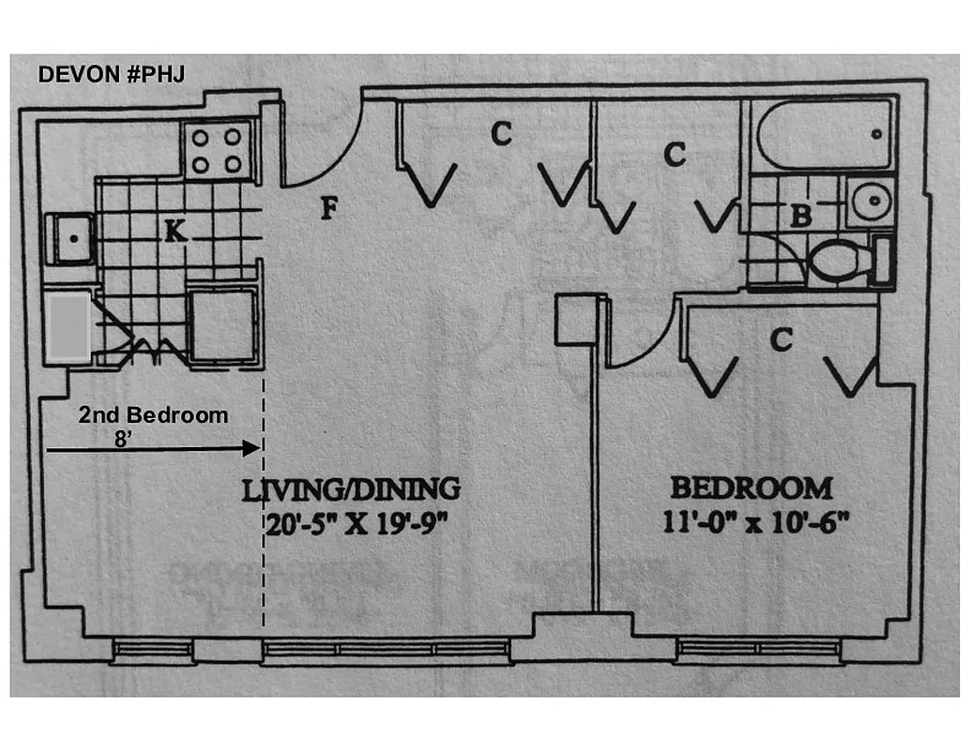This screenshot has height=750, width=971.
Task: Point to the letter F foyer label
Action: click(327, 208)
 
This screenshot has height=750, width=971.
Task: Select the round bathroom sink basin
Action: click(870, 201)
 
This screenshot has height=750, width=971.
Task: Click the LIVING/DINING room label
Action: click(352, 488)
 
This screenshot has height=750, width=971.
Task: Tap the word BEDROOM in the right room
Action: click(750, 488)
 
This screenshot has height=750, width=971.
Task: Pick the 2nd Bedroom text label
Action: click(153, 414)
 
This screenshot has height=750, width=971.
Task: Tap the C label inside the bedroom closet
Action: click(781, 340)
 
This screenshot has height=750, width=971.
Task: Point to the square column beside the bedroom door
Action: click(577, 320)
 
